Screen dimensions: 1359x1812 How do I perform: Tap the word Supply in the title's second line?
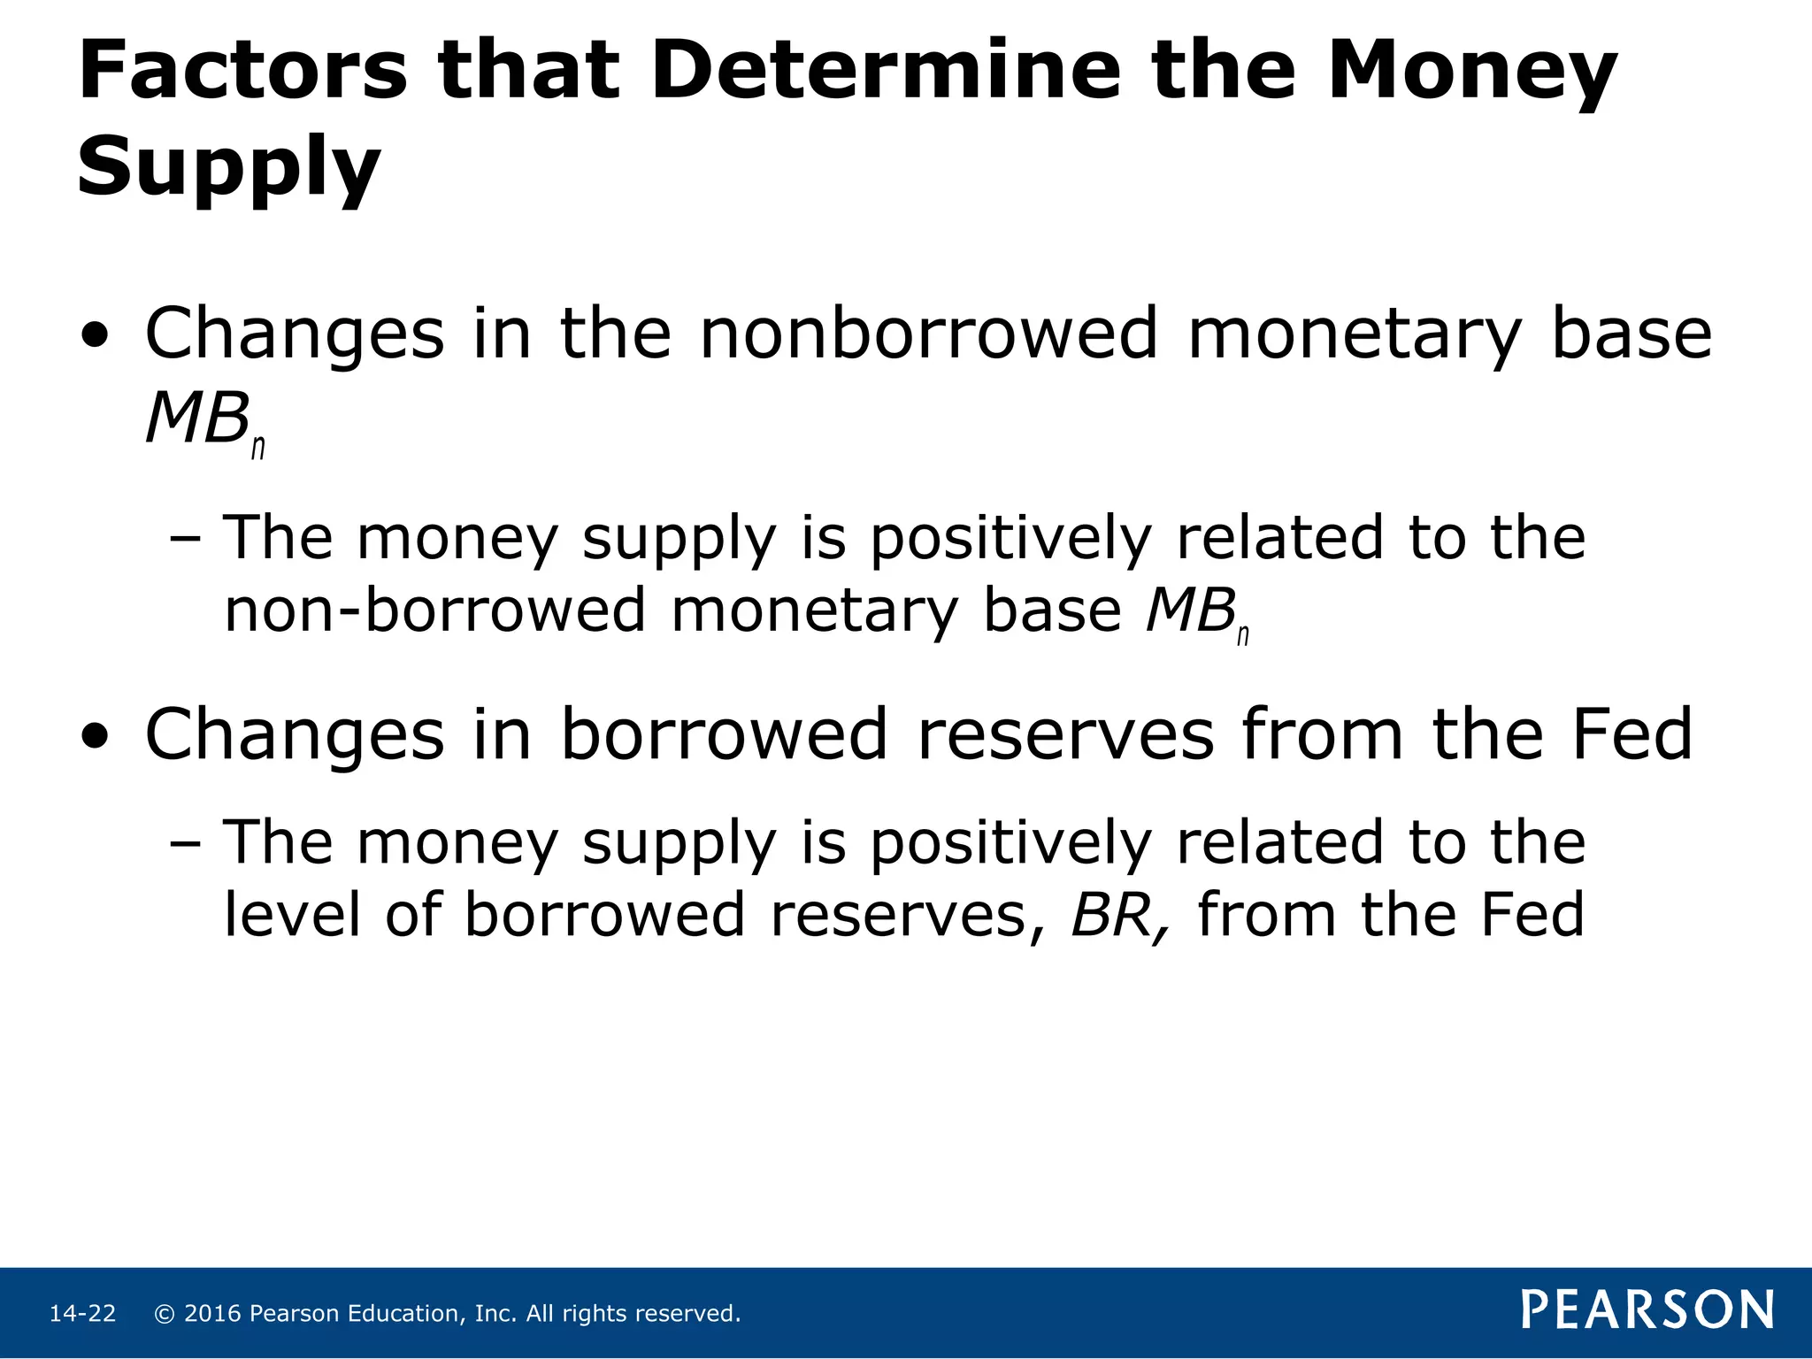pyautogui.click(x=228, y=168)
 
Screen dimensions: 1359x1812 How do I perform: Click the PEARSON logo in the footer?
pyautogui.click(x=1647, y=1310)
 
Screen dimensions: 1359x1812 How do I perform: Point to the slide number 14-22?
pyautogui.click(x=82, y=1314)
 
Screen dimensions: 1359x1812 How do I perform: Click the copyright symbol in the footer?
pyautogui.click(x=164, y=1314)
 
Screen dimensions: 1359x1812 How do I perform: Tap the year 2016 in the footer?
pyautogui.click(x=212, y=1314)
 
